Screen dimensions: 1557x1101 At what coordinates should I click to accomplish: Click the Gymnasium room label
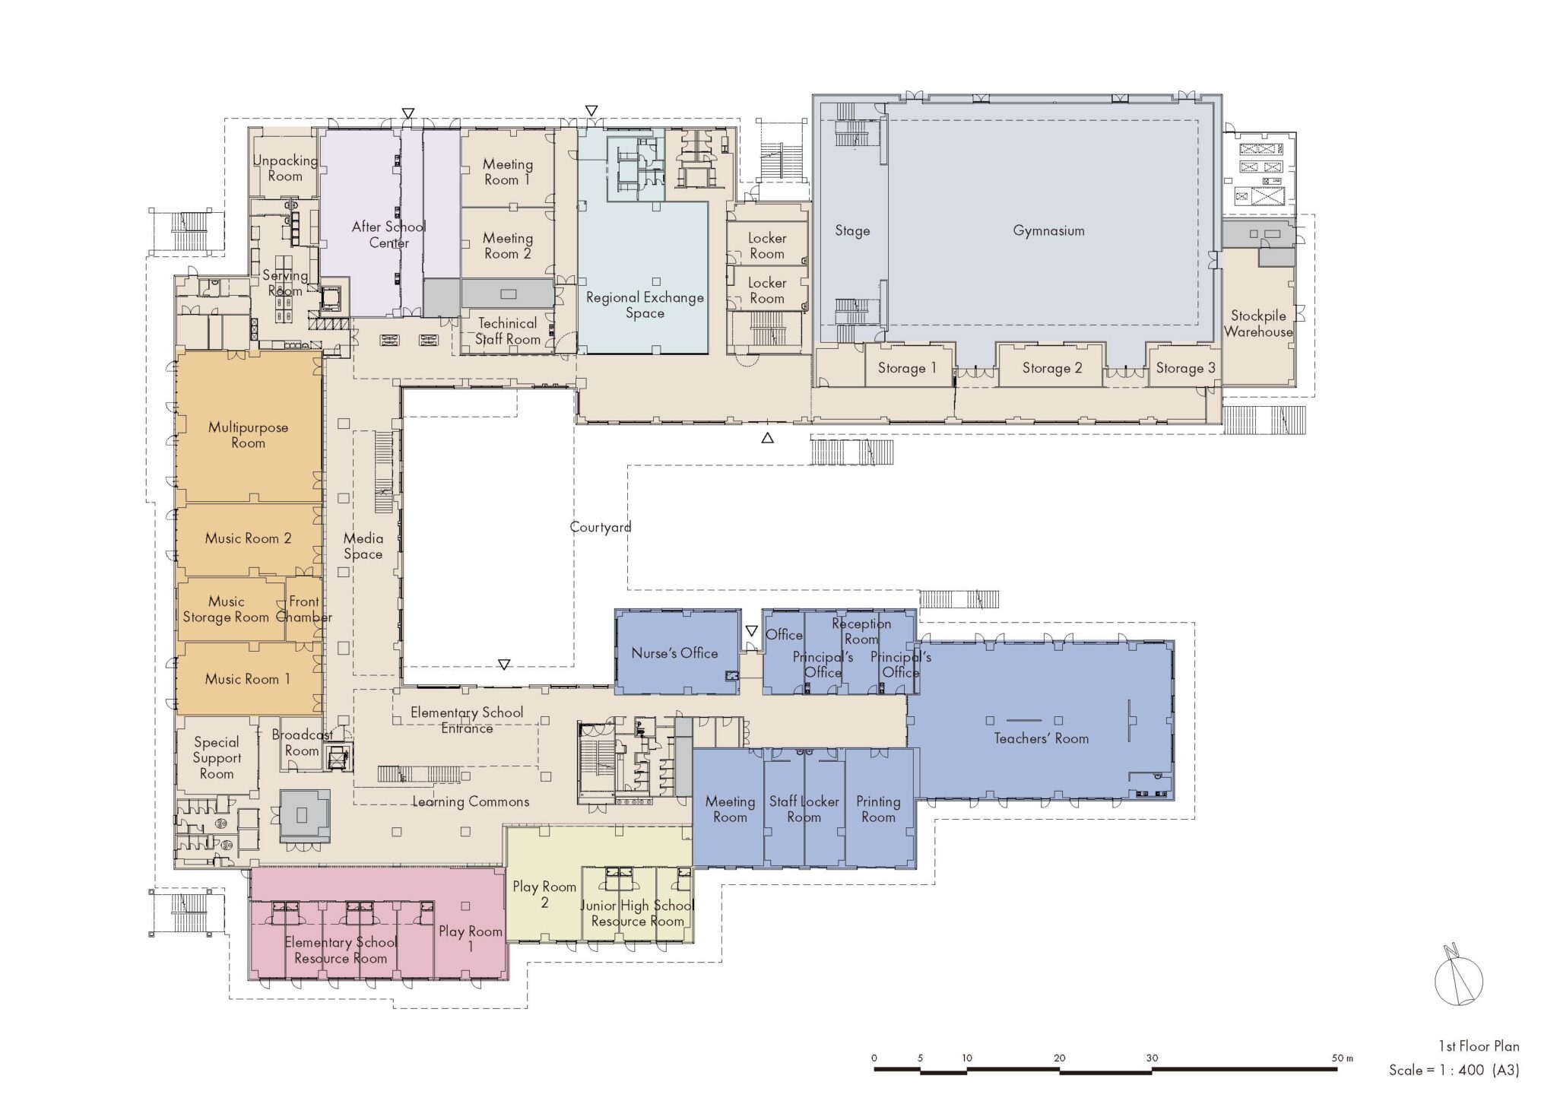click(x=1048, y=230)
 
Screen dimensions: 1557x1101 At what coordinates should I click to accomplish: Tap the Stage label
click(x=852, y=230)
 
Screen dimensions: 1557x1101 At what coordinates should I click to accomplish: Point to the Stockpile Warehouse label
click(x=1258, y=323)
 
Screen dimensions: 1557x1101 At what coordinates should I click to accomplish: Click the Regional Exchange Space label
click(x=645, y=305)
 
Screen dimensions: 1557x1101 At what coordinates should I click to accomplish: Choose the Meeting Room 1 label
click(x=507, y=172)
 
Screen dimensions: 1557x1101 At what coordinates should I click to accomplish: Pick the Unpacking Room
click(x=285, y=167)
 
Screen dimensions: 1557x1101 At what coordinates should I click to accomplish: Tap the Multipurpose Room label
click(x=248, y=435)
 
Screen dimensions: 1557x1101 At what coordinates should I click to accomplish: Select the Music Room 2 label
click(x=248, y=538)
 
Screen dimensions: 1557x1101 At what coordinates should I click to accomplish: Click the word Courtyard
click(x=601, y=527)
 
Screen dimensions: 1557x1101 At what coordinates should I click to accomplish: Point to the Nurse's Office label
click(x=674, y=652)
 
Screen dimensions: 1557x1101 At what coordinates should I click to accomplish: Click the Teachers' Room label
click(x=1041, y=738)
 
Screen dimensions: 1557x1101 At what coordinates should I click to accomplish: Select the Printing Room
click(x=880, y=808)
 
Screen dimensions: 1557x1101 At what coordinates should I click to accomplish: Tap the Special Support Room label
click(x=217, y=757)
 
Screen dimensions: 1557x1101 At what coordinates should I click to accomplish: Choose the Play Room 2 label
click(x=544, y=894)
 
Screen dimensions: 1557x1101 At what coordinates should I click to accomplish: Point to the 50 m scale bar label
click(x=1343, y=1058)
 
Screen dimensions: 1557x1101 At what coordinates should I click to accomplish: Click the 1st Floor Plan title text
click(x=1478, y=1046)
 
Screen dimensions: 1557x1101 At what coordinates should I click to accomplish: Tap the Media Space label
click(x=363, y=546)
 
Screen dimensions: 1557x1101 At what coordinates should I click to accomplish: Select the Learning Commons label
click(x=471, y=801)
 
